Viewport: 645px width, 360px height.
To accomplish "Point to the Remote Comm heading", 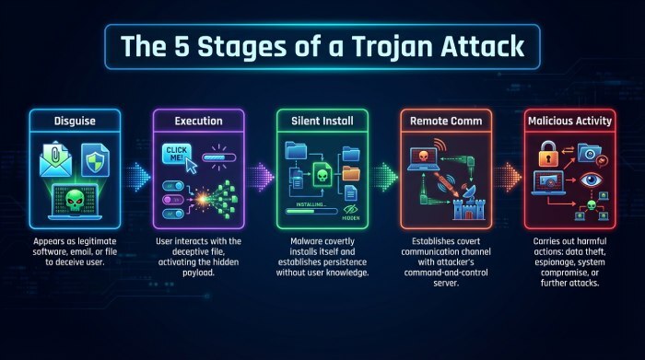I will coord(447,121).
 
